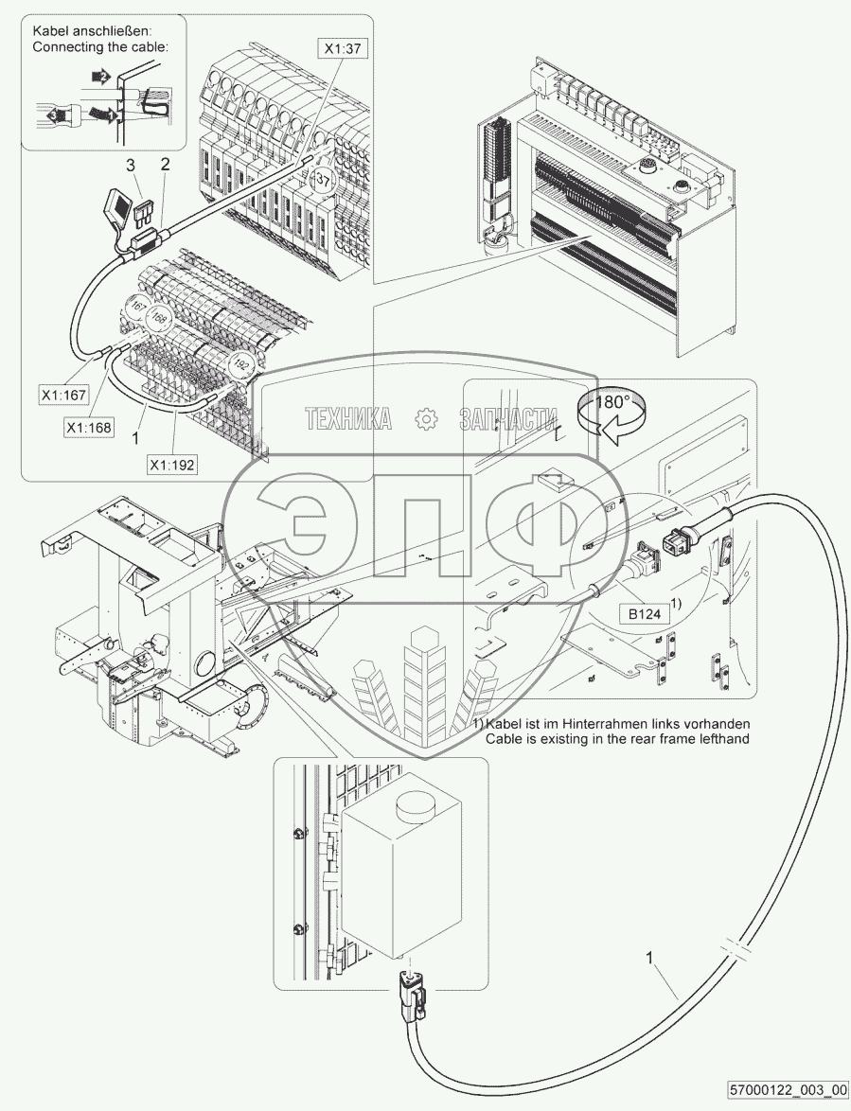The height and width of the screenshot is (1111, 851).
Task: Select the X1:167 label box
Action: pyautogui.click(x=63, y=393)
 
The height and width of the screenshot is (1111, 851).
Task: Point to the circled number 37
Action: pyautogui.click(x=322, y=180)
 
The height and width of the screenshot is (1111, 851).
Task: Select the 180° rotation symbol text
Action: pyautogui.click(x=611, y=402)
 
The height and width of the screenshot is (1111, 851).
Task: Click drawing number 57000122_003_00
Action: pyautogui.click(x=788, y=1089)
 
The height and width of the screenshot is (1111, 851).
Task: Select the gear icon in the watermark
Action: pyautogui.click(x=426, y=417)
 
